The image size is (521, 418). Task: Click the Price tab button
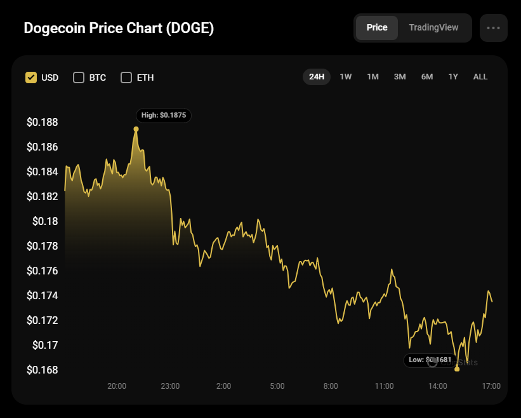pos(377,28)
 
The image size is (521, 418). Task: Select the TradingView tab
pos(433,28)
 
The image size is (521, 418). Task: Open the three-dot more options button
pos(493,28)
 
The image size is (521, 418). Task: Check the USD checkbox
pos(30,78)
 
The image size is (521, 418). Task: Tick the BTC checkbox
pos(79,78)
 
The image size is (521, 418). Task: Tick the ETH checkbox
pos(126,78)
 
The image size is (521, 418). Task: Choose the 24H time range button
pos(317,77)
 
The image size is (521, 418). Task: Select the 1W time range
pos(346,77)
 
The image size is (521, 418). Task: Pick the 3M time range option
pos(400,77)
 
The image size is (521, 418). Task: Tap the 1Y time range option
pos(453,77)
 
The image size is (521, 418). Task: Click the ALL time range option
pos(480,77)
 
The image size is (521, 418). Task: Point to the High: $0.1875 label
pos(164,116)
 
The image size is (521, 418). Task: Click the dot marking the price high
pos(136,129)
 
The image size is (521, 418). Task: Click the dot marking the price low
pos(457,369)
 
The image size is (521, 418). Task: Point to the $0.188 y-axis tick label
pos(42,122)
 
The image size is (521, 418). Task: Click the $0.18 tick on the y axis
pos(46,221)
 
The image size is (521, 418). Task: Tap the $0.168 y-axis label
pos(42,370)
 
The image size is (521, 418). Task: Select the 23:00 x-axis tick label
pos(170,386)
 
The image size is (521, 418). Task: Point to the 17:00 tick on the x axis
pos(491,386)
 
